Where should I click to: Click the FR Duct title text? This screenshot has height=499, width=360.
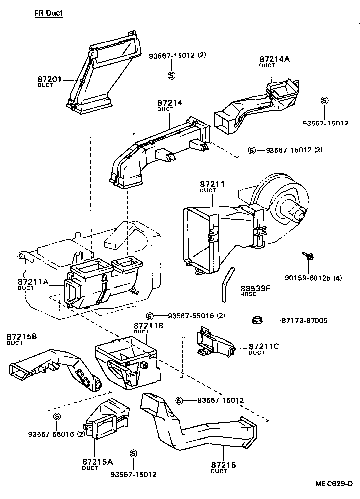pyautogui.click(x=49, y=13)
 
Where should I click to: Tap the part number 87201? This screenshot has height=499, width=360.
pyautogui.click(x=49, y=79)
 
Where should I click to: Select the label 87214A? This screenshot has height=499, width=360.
pyautogui.click(x=274, y=59)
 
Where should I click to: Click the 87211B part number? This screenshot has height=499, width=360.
pyautogui.click(x=148, y=326)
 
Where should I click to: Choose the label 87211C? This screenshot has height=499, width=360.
pyautogui.click(x=263, y=347)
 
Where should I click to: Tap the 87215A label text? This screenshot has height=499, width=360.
pyautogui.click(x=97, y=462)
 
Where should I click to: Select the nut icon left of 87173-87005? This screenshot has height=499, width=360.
pyautogui.click(x=257, y=320)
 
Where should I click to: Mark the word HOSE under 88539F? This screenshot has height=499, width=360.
pyautogui.click(x=248, y=295)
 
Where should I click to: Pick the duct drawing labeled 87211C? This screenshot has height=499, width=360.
pyautogui.click(x=216, y=343)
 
